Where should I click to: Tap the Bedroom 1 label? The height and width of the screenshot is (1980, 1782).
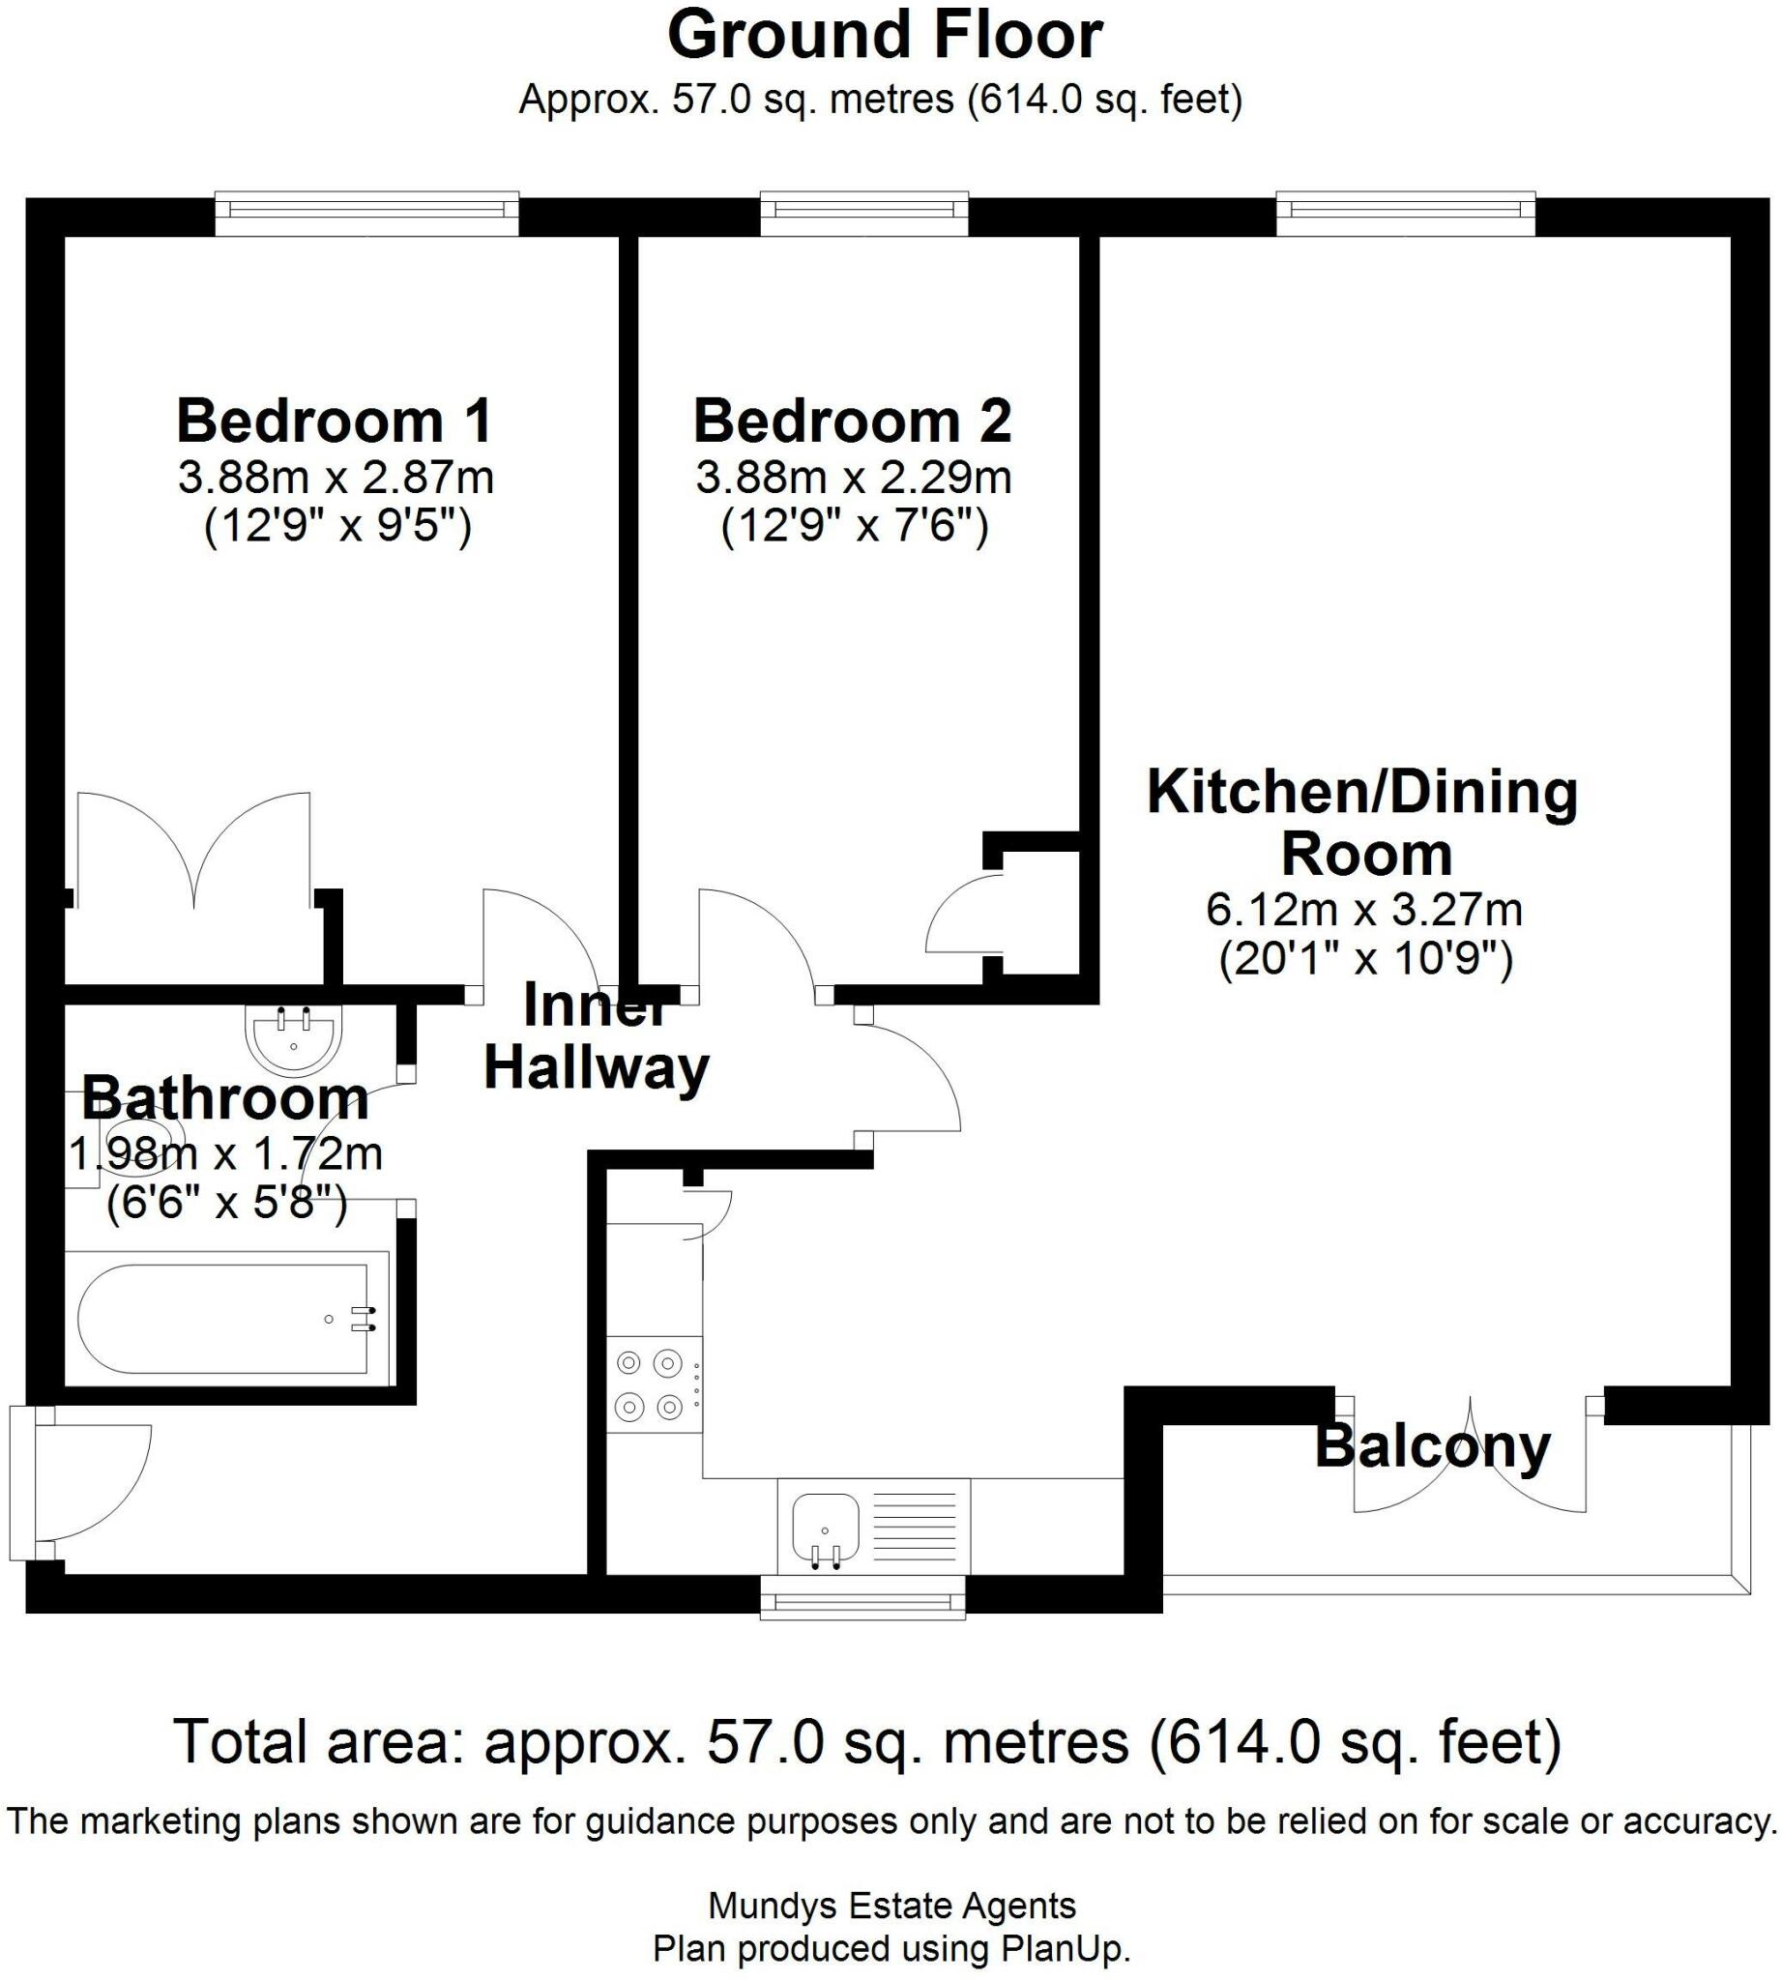[334, 422]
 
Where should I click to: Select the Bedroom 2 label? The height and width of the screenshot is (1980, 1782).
[852, 422]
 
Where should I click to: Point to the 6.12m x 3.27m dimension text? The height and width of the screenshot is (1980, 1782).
[1363, 911]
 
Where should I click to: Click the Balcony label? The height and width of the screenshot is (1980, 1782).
[1432, 1446]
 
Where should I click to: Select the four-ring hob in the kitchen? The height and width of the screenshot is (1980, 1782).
[650, 1384]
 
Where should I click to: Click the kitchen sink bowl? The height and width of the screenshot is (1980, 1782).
[825, 1529]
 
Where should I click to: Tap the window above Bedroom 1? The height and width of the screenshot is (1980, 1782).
[366, 209]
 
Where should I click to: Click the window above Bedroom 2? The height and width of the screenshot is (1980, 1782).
[863, 209]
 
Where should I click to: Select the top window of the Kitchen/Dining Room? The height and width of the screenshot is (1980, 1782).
[1405, 209]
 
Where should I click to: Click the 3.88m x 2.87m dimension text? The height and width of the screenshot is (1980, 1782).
[336, 479]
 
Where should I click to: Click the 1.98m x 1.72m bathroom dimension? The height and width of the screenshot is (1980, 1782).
[225, 1154]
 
